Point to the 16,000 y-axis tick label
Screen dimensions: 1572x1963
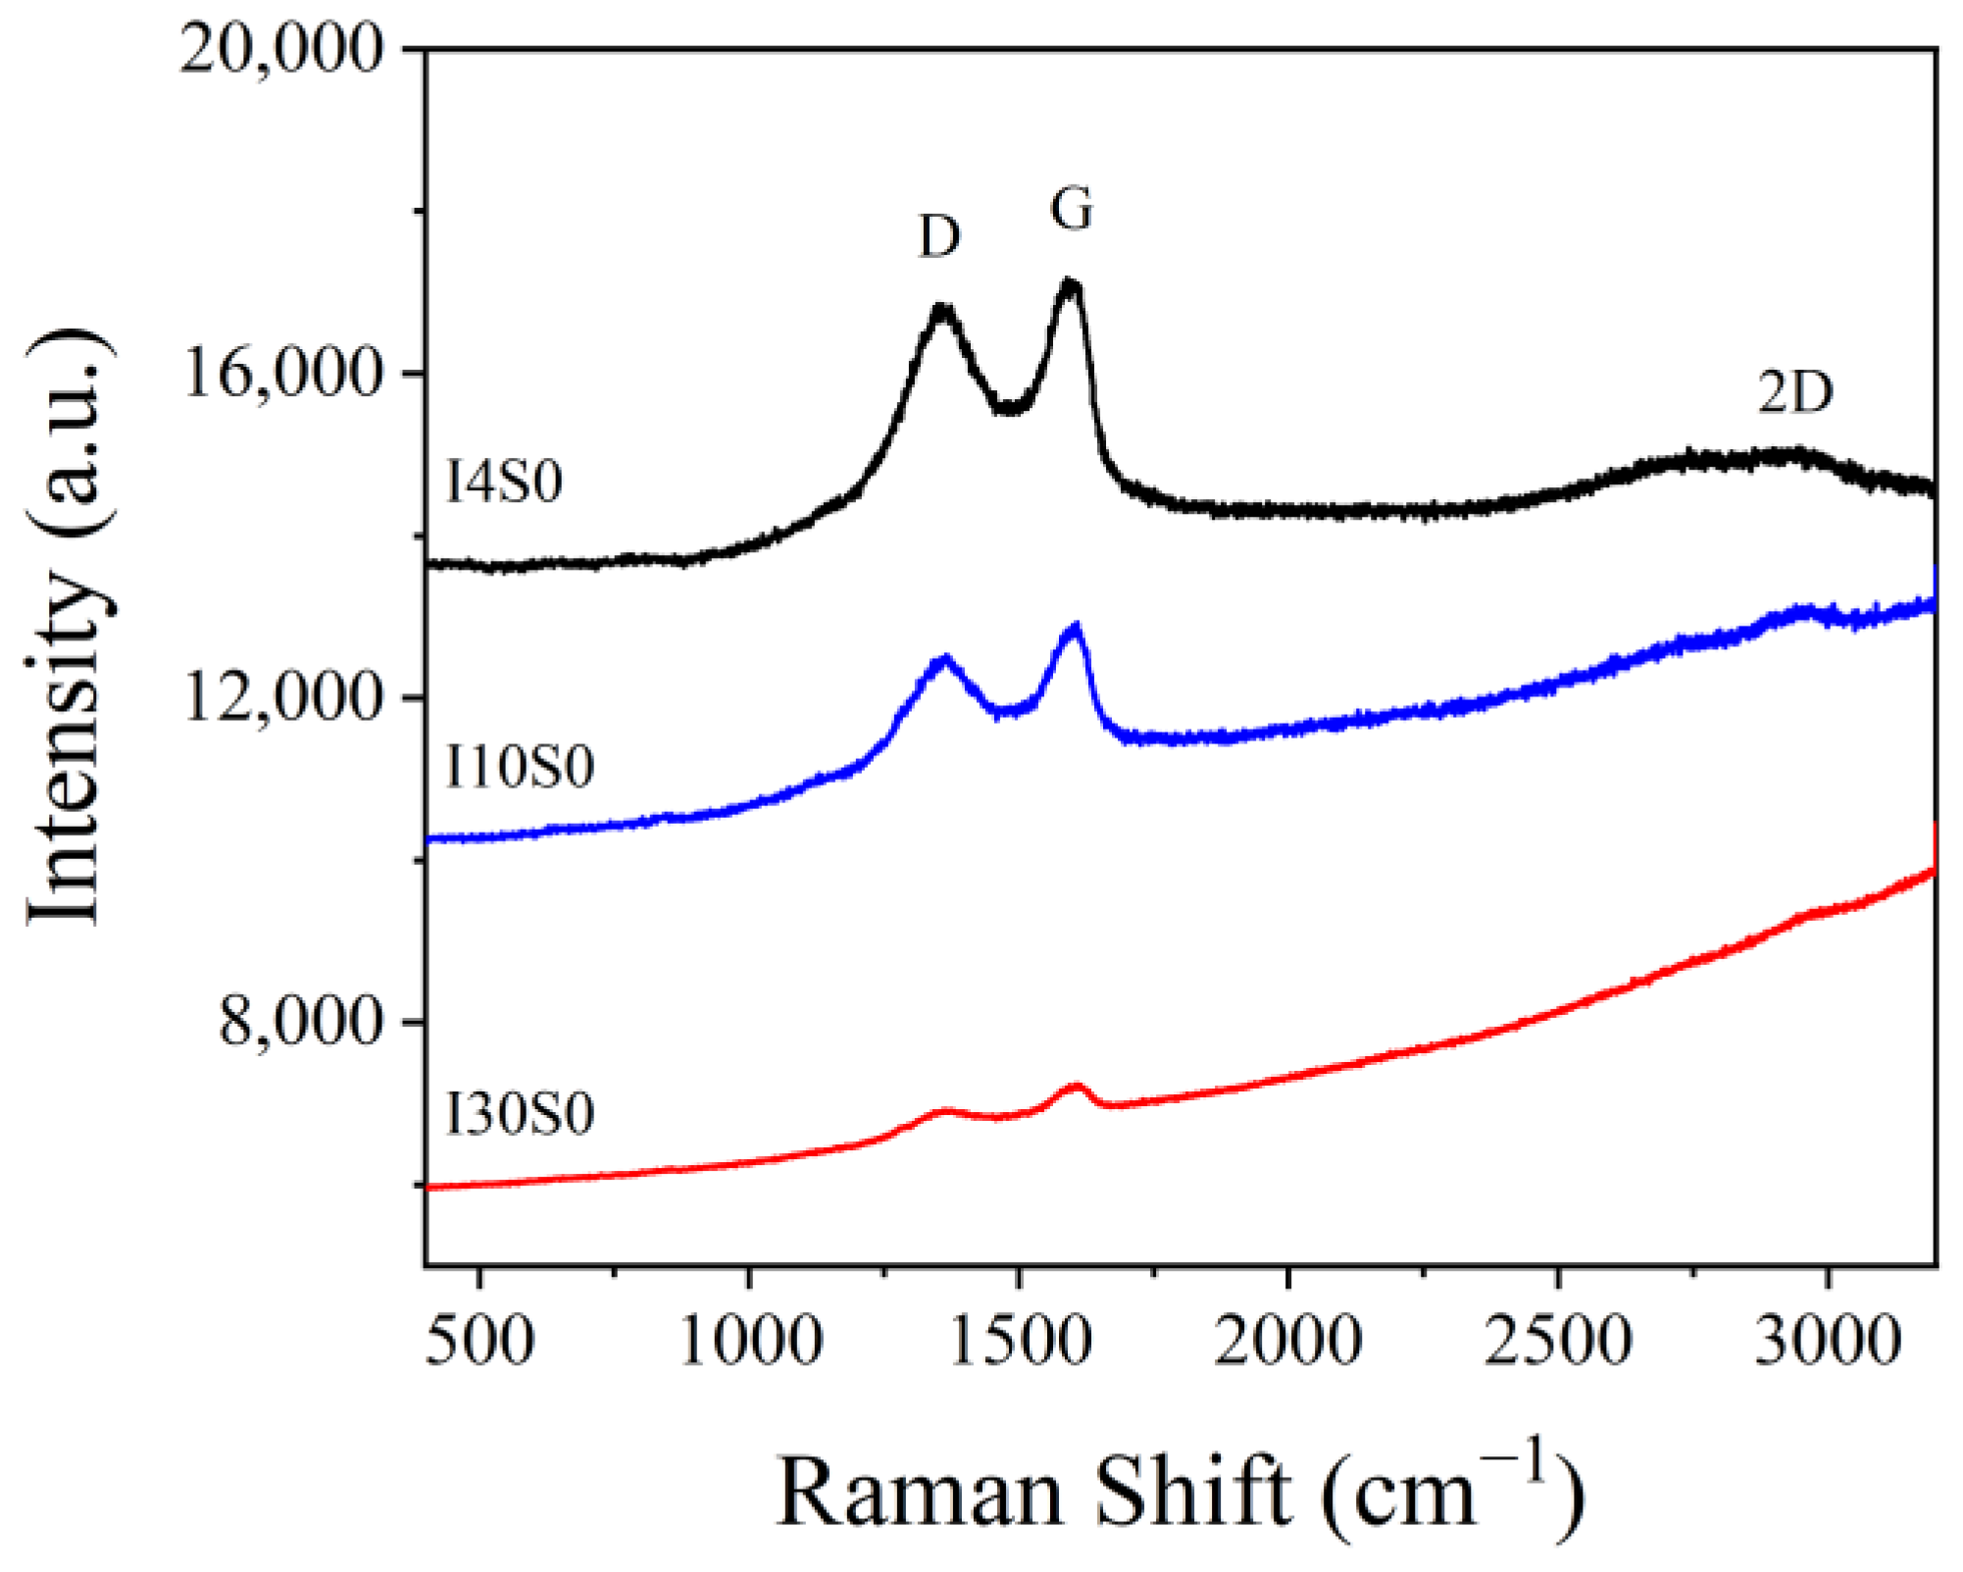pyautogui.click(x=280, y=374)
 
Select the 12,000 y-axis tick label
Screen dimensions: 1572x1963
pyautogui.click(x=280, y=698)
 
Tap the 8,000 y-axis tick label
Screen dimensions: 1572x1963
pyautogui.click(x=299, y=1022)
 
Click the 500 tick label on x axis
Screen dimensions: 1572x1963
pyautogui.click(x=479, y=1340)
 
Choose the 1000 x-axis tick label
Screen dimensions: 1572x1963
pyautogui.click(x=751, y=1340)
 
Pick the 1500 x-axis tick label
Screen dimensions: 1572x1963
pyautogui.click(x=1021, y=1340)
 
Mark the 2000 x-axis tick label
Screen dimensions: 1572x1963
pyautogui.click(x=1288, y=1340)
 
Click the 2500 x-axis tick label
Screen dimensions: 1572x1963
pyautogui.click(x=1558, y=1340)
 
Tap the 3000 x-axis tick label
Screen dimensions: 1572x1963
pyautogui.click(x=1829, y=1340)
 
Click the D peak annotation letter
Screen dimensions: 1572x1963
pyautogui.click(x=939, y=236)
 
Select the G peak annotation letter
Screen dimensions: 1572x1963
pyautogui.click(x=1071, y=209)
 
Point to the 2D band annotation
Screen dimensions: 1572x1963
pyautogui.click(x=1794, y=393)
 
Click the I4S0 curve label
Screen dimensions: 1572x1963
pyautogui.click(x=504, y=482)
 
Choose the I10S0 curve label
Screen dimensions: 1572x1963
pyautogui.click(x=520, y=767)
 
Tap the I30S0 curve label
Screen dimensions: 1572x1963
pyautogui.click(x=520, y=1115)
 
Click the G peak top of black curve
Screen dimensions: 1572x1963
pyautogui.click(x=1070, y=284)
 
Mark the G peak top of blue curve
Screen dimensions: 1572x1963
pyautogui.click(x=1076, y=628)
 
